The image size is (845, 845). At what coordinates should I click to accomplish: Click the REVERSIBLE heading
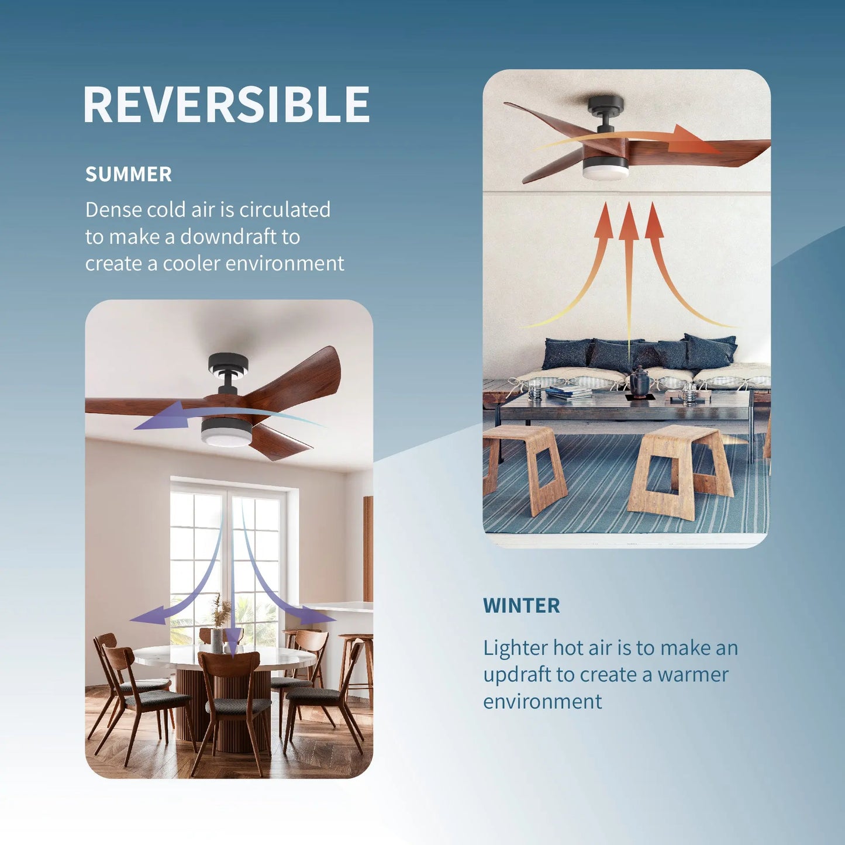[226, 105]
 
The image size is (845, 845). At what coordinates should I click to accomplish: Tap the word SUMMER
[129, 174]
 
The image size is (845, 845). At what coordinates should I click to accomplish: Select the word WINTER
[521, 606]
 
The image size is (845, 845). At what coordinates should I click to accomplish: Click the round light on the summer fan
[226, 434]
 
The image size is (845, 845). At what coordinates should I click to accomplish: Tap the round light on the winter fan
[605, 170]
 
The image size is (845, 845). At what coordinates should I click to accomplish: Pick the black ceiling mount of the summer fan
[228, 365]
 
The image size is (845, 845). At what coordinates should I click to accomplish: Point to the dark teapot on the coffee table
[639, 381]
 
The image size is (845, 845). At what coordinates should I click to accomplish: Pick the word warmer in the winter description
[693, 675]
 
